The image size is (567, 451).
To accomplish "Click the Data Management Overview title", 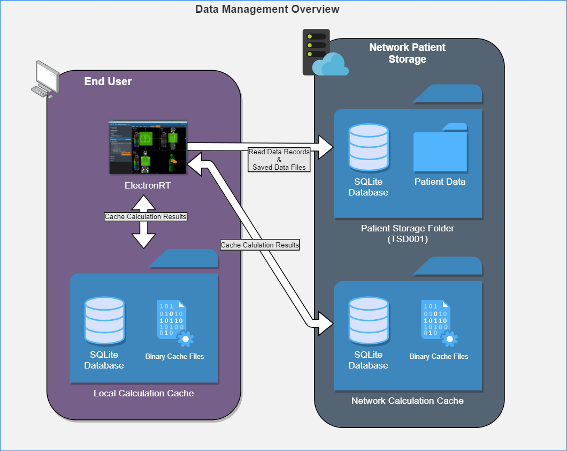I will tap(267, 9).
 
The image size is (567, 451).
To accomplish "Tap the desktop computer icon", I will tap(46, 79).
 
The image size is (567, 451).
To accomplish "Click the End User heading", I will tap(108, 82).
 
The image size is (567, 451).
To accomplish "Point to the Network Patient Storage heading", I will tap(407, 53).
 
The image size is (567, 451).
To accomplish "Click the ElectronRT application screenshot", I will tap(148, 147).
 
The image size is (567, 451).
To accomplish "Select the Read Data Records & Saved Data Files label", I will tap(279, 160).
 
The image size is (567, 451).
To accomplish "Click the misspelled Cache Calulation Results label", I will tap(260, 245).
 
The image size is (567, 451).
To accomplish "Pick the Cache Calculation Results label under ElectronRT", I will tap(145, 217).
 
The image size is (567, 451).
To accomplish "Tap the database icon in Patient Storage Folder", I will tap(368, 147).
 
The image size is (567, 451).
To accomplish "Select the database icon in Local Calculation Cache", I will tap(104, 320).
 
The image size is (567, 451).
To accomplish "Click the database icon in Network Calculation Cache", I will tap(368, 320).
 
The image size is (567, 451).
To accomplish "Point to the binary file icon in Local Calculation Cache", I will tap(174, 323).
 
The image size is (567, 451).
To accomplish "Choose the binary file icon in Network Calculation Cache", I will tap(439, 323).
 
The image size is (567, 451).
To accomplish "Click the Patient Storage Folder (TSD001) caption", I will tap(407, 234).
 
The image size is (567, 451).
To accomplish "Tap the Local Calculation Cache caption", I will tap(143, 394).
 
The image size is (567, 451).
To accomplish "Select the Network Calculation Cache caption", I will tap(407, 401).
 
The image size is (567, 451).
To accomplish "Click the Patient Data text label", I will tap(440, 182).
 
